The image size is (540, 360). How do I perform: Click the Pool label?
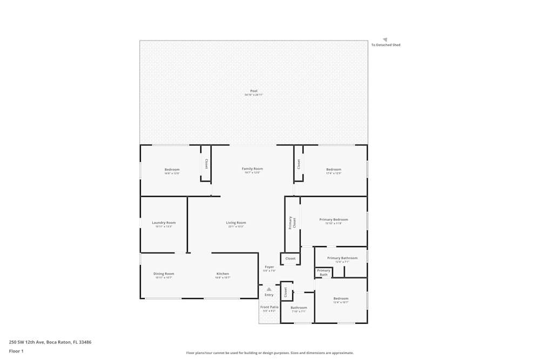click(x=253, y=91)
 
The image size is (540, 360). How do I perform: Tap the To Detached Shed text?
click(x=386, y=45)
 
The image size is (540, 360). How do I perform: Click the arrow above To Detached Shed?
click(x=385, y=39)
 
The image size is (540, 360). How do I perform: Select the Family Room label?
click(x=252, y=169)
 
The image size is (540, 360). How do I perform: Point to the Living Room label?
click(x=236, y=223)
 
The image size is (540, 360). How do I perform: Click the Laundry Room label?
click(x=164, y=223)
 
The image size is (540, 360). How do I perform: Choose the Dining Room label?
click(x=164, y=274)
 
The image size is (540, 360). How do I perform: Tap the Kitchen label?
click(x=222, y=274)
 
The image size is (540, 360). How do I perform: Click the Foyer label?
click(x=269, y=267)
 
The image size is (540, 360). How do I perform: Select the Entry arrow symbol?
click(x=269, y=289)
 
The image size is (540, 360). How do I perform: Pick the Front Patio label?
click(x=269, y=307)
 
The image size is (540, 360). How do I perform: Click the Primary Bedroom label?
click(x=333, y=220)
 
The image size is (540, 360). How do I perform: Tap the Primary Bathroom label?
click(x=342, y=258)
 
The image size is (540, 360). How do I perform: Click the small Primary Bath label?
click(x=323, y=273)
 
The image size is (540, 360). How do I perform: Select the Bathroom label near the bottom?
click(x=299, y=308)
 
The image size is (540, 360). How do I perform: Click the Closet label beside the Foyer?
click(x=291, y=259)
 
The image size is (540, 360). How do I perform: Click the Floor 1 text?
click(x=16, y=351)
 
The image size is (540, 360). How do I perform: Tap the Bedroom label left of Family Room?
click(x=172, y=169)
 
